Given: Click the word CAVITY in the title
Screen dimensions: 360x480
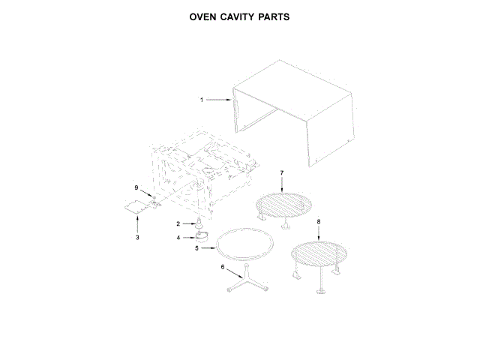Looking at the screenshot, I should (240, 16).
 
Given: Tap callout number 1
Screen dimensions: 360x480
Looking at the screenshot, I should (202, 99).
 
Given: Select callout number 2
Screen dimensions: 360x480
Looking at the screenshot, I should (178, 223).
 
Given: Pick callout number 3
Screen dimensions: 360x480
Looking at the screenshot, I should (137, 238).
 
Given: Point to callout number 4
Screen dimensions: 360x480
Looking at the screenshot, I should (178, 238).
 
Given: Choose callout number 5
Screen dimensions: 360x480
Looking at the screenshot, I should (196, 247).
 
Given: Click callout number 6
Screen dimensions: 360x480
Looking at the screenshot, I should (222, 267).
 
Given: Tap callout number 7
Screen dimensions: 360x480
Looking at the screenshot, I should (281, 174).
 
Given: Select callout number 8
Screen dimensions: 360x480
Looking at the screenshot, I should (318, 222).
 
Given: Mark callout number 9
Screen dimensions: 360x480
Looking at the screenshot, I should (136, 187).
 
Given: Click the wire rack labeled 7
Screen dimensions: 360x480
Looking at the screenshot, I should (286, 204).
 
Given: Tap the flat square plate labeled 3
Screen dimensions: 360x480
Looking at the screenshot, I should (135, 208).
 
